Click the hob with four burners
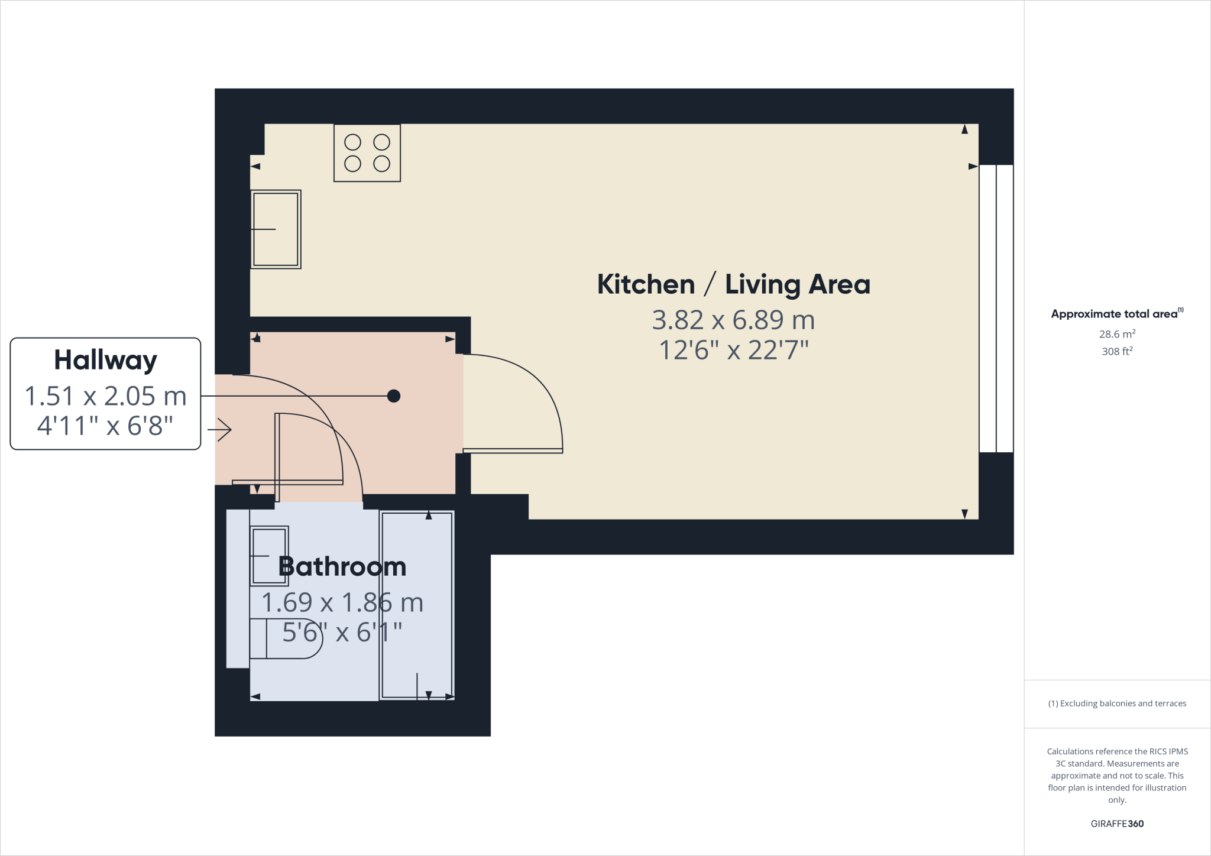coord(367,153)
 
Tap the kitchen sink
coord(276,229)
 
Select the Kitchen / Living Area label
coord(733,284)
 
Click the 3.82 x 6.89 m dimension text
coord(733,320)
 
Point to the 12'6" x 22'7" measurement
coord(733,351)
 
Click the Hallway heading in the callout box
coord(105,360)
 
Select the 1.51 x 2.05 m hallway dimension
coord(105,396)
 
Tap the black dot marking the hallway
coord(394,396)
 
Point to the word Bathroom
coord(342,567)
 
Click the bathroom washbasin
coord(269,556)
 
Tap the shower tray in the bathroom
coord(417,605)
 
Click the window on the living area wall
coord(996,309)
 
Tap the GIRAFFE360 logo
coord(1117,823)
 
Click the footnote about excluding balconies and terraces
coord(1117,703)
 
